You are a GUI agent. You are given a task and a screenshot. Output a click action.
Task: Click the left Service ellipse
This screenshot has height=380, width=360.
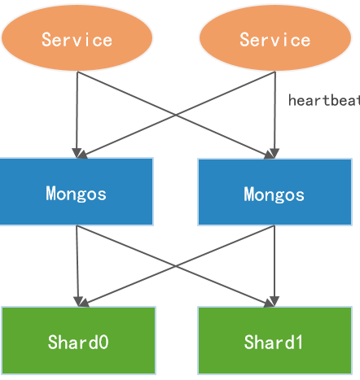coord(77,38)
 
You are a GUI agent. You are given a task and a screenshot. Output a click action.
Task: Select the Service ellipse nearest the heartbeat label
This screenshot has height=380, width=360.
coord(274,38)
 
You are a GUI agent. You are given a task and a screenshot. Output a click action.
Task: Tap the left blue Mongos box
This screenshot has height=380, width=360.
coord(77,192)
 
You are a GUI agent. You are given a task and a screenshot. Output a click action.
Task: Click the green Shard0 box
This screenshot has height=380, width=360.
coord(78,341)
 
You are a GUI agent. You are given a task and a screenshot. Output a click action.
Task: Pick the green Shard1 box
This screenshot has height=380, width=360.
coord(274,341)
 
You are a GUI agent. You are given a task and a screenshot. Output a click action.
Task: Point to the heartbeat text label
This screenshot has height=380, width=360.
coord(323,101)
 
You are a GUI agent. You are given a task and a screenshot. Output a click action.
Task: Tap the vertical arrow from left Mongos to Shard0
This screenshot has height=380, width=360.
coord(77,264)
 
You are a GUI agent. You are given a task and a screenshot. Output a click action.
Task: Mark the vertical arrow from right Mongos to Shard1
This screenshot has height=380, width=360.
coord(275,264)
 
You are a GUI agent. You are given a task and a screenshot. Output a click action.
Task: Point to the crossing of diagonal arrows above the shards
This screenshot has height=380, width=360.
coord(176,266)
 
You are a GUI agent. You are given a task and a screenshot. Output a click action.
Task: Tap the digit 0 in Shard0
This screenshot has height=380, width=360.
coord(103,342)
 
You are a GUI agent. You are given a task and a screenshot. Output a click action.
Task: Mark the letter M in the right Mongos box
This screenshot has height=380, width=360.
coord(249,194)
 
